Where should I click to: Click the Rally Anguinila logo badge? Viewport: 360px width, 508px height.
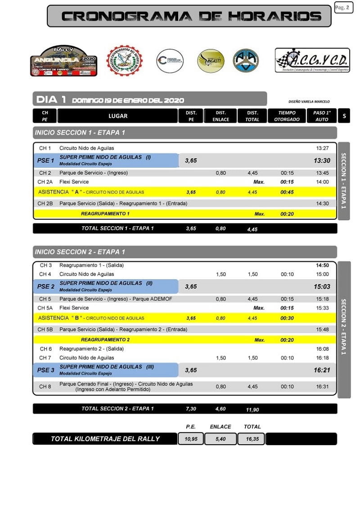63,61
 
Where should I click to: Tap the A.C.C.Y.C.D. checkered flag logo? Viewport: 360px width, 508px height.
312,60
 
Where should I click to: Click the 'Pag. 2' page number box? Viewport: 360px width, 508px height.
343,8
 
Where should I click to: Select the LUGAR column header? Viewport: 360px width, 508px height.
118,116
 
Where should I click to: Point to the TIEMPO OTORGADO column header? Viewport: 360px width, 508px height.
287,116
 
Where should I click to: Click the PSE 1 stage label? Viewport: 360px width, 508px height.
45,160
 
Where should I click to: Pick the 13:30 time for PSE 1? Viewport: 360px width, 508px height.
322,160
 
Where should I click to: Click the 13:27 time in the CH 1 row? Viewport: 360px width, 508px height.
322,148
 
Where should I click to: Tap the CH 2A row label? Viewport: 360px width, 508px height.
45,182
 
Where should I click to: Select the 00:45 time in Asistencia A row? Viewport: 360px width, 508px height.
287,192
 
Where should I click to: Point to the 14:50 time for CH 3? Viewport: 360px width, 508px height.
322,265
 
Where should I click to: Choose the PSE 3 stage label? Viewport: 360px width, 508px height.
45,370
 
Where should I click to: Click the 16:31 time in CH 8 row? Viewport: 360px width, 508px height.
322,387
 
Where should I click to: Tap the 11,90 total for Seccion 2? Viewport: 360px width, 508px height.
252,410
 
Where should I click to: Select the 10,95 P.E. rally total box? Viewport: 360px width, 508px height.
191,439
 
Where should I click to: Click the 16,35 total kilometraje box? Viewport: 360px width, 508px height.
252,439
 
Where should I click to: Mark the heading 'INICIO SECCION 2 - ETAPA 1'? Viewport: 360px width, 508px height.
80,252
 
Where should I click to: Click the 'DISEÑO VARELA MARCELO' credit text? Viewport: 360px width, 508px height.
309,102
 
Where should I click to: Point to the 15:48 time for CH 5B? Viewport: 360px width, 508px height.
322,330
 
